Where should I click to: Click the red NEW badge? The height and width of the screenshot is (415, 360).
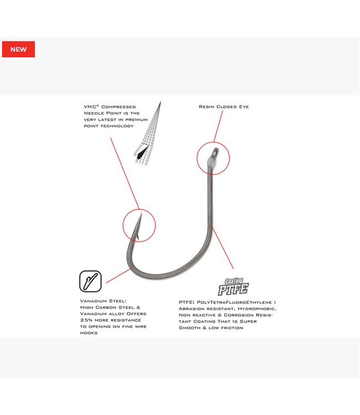coord(18,49)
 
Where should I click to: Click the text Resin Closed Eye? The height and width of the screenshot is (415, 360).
coord(224,107)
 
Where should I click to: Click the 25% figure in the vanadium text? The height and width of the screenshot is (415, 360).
coord(87,320)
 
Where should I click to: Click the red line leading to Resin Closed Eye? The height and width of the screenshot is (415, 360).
coord(217,127)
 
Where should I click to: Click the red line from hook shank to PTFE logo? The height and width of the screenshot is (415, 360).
coord(224,255)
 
